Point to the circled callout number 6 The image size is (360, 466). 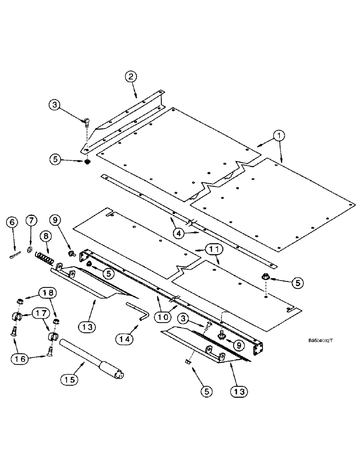pyautogui.click(x=12, y=223)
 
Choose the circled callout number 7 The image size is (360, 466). pyautogui.click(x=30, y=219)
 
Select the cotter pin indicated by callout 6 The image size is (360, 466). pyautogui.click(x=15, y=254)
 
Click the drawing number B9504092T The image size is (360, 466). pyautogui.click(x=321, y=341)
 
